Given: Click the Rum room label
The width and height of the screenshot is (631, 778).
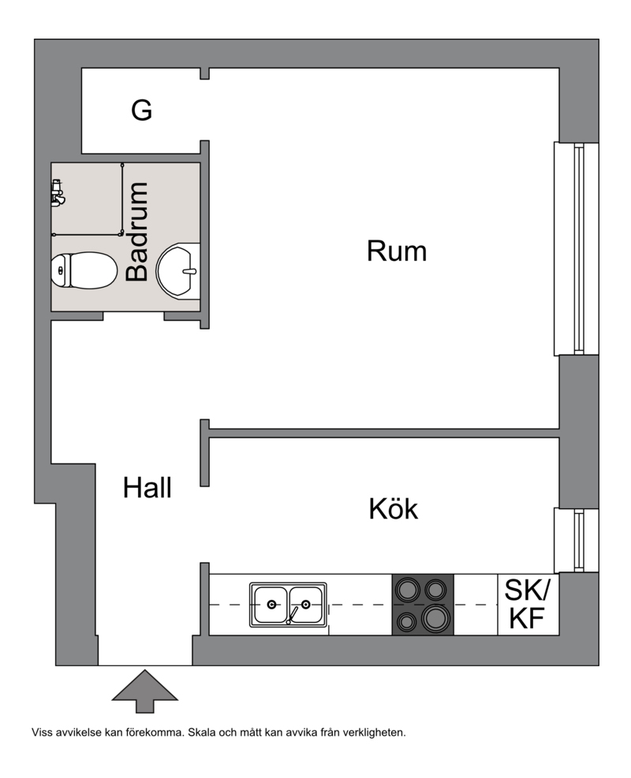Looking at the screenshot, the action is [397, 251].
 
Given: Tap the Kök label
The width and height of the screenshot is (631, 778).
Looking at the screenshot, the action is [394, 508].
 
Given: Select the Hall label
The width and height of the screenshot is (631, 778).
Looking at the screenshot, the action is [147, 488].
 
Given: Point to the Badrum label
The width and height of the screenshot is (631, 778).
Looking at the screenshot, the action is [137, 232].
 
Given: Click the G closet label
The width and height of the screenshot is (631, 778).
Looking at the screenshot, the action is [141, 110].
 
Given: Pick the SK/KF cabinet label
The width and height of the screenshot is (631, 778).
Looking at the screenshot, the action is [528, 604].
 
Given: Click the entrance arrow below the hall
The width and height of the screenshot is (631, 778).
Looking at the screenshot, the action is [145, 691].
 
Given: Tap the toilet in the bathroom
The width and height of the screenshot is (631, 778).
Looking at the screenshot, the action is [84, 270].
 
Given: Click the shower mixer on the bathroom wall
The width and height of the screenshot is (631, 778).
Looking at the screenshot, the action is [57, 193].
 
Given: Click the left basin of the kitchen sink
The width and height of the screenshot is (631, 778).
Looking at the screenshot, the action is [271, 605].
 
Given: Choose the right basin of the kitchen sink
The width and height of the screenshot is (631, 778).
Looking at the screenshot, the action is [307, 605].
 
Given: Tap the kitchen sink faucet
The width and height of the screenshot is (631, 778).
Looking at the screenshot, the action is [292, 615].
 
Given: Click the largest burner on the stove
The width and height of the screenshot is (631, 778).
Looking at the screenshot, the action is [436, 618].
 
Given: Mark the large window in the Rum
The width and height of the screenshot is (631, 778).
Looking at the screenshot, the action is [577, 248].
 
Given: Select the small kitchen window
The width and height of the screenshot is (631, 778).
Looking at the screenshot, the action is [577, 540].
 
